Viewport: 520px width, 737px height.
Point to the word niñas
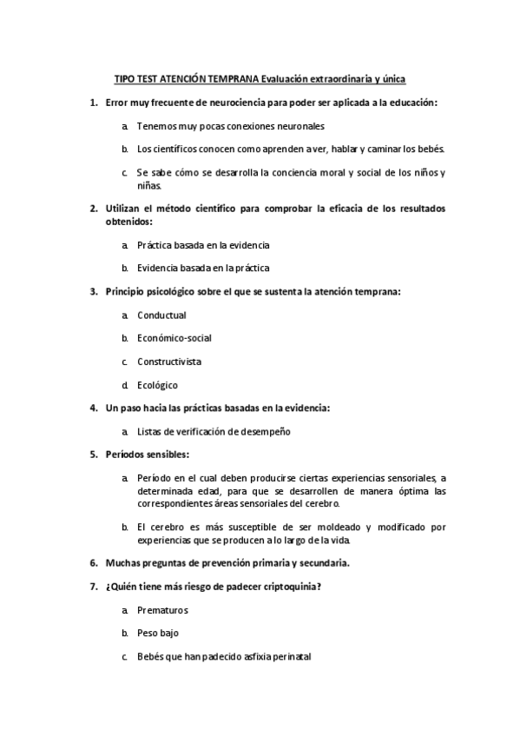pyautogui.click(x=148, y=184)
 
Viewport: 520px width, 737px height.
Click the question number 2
pyautogui.click(x=94, y=209)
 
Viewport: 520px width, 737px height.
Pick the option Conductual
pyautogui.click(x=161, y=315)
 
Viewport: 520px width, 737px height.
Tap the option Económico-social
pyautogui.click(x=174, y=338)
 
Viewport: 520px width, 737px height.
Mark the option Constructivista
pyautogui.click(x=169, y=362)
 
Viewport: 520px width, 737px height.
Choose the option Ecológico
pyautogui.click(x=157, y=385)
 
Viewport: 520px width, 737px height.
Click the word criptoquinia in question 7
pyautogui.click(x=293, y=586)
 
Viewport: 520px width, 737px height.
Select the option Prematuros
pyautogui.click(x=162, y=610)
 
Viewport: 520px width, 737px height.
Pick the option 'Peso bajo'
pyautogui.click(x=158, y=634)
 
